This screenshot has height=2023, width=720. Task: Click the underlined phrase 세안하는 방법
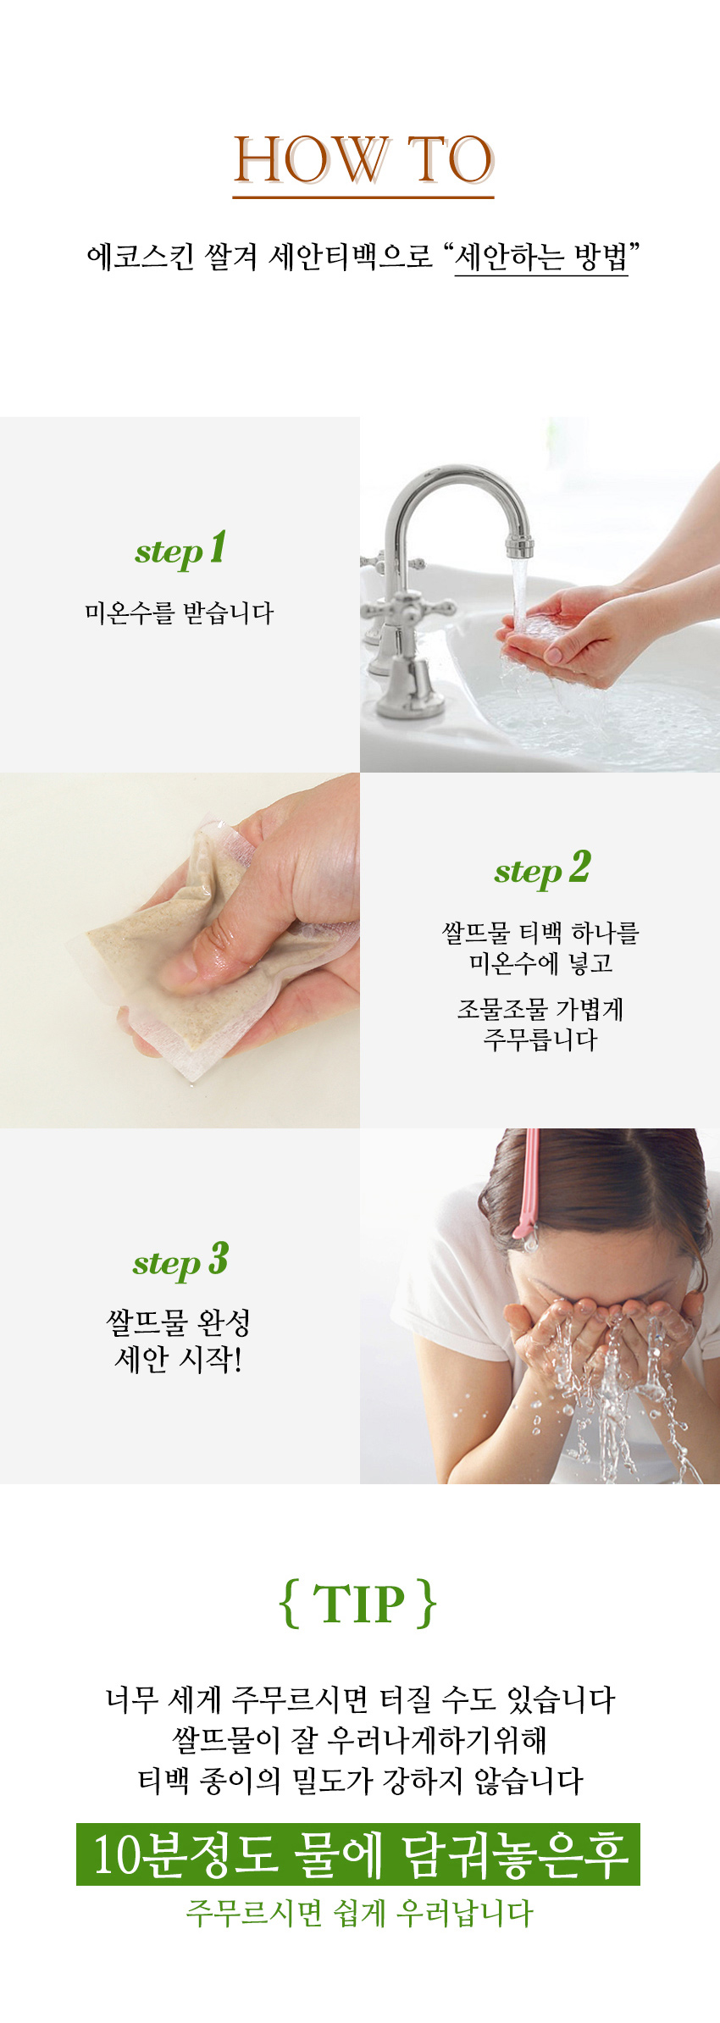coord(541,256)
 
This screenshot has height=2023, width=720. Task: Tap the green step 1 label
coord(180,549)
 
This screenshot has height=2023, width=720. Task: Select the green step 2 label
coord(542,869)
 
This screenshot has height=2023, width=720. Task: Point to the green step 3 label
coord(180,1261)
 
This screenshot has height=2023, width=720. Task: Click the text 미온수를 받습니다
coord(180,612)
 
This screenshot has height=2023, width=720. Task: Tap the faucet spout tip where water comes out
coord(519,546)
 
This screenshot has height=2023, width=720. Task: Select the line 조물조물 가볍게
coord(540,1009)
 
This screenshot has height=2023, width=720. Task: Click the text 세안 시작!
coord(179,1359)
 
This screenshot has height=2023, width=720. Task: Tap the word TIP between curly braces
coord(359,1604)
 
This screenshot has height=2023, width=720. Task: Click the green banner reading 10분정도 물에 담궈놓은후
coord(358,1854)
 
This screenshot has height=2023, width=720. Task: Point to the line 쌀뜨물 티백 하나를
coord(540,933)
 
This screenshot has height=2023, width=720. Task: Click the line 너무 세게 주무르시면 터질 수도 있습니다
coord(360,1699)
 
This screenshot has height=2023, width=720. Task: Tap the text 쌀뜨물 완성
coord(179,1322)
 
